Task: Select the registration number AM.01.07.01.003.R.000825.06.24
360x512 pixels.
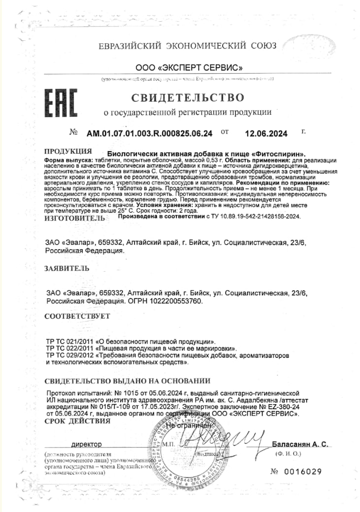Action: click(x=150, y=133)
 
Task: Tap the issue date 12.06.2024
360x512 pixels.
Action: click(x=266, y=133)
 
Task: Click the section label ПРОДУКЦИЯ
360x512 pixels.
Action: click(x=68, y=151)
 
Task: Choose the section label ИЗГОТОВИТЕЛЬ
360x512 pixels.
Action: click(x=74, y=217)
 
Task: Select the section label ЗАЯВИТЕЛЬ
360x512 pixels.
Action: click(x=67, y=268)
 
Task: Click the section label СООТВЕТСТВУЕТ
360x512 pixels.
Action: click(x=77, y=316)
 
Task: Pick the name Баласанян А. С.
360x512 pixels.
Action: click(x=300, y=444)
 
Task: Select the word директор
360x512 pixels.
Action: click(x=86, y=444)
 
